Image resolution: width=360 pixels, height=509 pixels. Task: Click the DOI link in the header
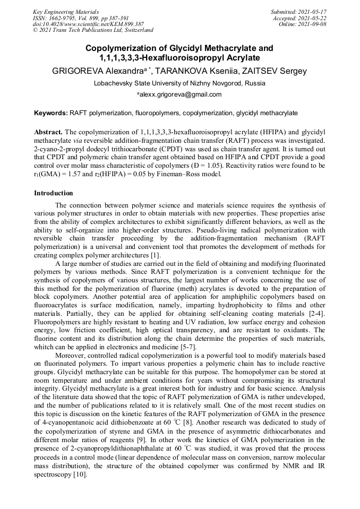coord(88,24)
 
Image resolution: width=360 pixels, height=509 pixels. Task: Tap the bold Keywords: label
coord(51,114)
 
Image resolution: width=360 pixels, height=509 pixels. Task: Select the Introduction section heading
coord(53,193)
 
